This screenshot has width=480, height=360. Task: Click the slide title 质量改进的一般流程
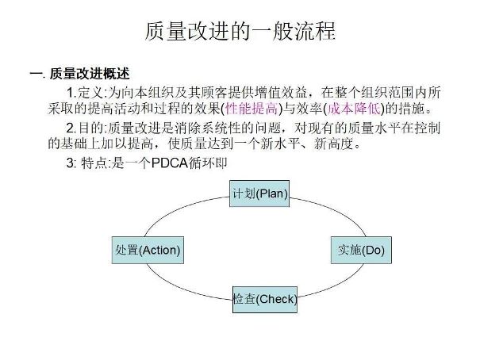[x=240, y=31]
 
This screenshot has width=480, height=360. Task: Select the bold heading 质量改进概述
[x=90, y=74]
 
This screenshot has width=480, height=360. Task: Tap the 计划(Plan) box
[x=259, y=193]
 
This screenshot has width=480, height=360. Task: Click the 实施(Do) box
[x=361, y=250]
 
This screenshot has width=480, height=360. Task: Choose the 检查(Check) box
[x=265, y=300]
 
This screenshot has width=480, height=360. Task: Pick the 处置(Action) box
[x=148, y=250]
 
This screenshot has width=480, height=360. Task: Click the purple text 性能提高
[x=252, y=109]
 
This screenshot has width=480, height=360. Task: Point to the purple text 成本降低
[x=354, y=109]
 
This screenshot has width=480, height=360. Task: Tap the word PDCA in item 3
[x=170, y=163]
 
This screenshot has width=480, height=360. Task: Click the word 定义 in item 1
[x=91, y=92]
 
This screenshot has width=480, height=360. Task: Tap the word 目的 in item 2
[x=91, y=128]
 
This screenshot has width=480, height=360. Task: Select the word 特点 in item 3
[x=94, y=163]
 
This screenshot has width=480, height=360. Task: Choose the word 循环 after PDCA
[x=202, y=163]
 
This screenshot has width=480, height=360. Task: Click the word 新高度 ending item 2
[x=334, y=144]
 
